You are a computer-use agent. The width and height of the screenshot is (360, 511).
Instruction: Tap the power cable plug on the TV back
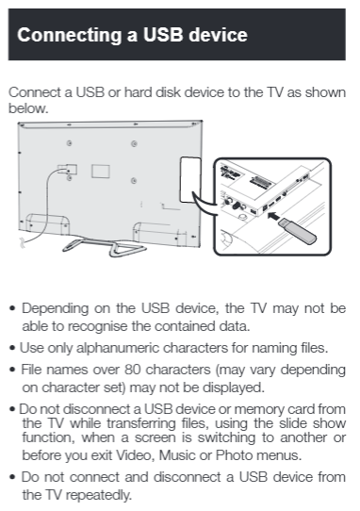click(66, 172)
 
